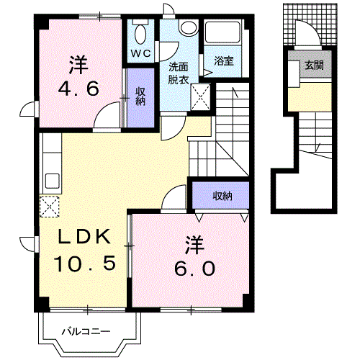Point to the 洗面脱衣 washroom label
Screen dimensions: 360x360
(179, 73)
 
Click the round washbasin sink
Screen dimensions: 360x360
(189, 27)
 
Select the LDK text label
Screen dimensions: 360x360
(84, 236)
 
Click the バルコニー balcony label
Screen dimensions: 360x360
(85, 332)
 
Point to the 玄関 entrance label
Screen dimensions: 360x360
(313, 66)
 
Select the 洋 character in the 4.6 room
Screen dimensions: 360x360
(78, 65)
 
